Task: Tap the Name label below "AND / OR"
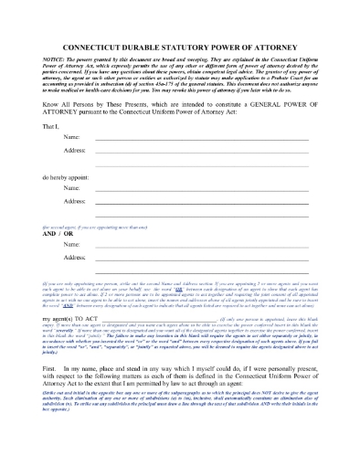coord(71,245)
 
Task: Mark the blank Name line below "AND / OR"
coord(201,247)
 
